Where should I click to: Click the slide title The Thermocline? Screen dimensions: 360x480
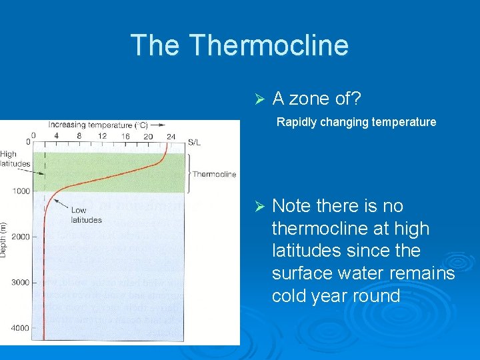click(x=239, y=45)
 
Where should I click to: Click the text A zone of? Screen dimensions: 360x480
click(x=317, y=99)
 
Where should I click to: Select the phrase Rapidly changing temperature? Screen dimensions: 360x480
click(x=356, y=122)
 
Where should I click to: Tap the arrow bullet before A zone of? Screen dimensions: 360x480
click(x=261, y=99)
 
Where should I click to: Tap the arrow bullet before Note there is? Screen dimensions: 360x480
click(x=261, y=206)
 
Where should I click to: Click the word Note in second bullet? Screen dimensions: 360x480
click(x=291, y=206)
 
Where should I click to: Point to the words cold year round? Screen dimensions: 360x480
click(x=335, y=295)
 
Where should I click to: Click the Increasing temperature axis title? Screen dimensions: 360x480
click(x=98, y=125)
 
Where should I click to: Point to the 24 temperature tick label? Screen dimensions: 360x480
click(x=171, y=137)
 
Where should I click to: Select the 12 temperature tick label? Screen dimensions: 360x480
click(x=101, y=137)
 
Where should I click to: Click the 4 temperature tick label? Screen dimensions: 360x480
click(x=56, y=137)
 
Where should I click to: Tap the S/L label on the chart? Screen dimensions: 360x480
click(x=194, y=142)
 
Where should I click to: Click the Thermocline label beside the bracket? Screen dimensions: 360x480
click(x=214, y=175)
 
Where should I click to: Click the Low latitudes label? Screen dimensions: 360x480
click(x=86, y=215)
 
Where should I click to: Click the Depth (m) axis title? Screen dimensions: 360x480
click(x=5, y=241)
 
